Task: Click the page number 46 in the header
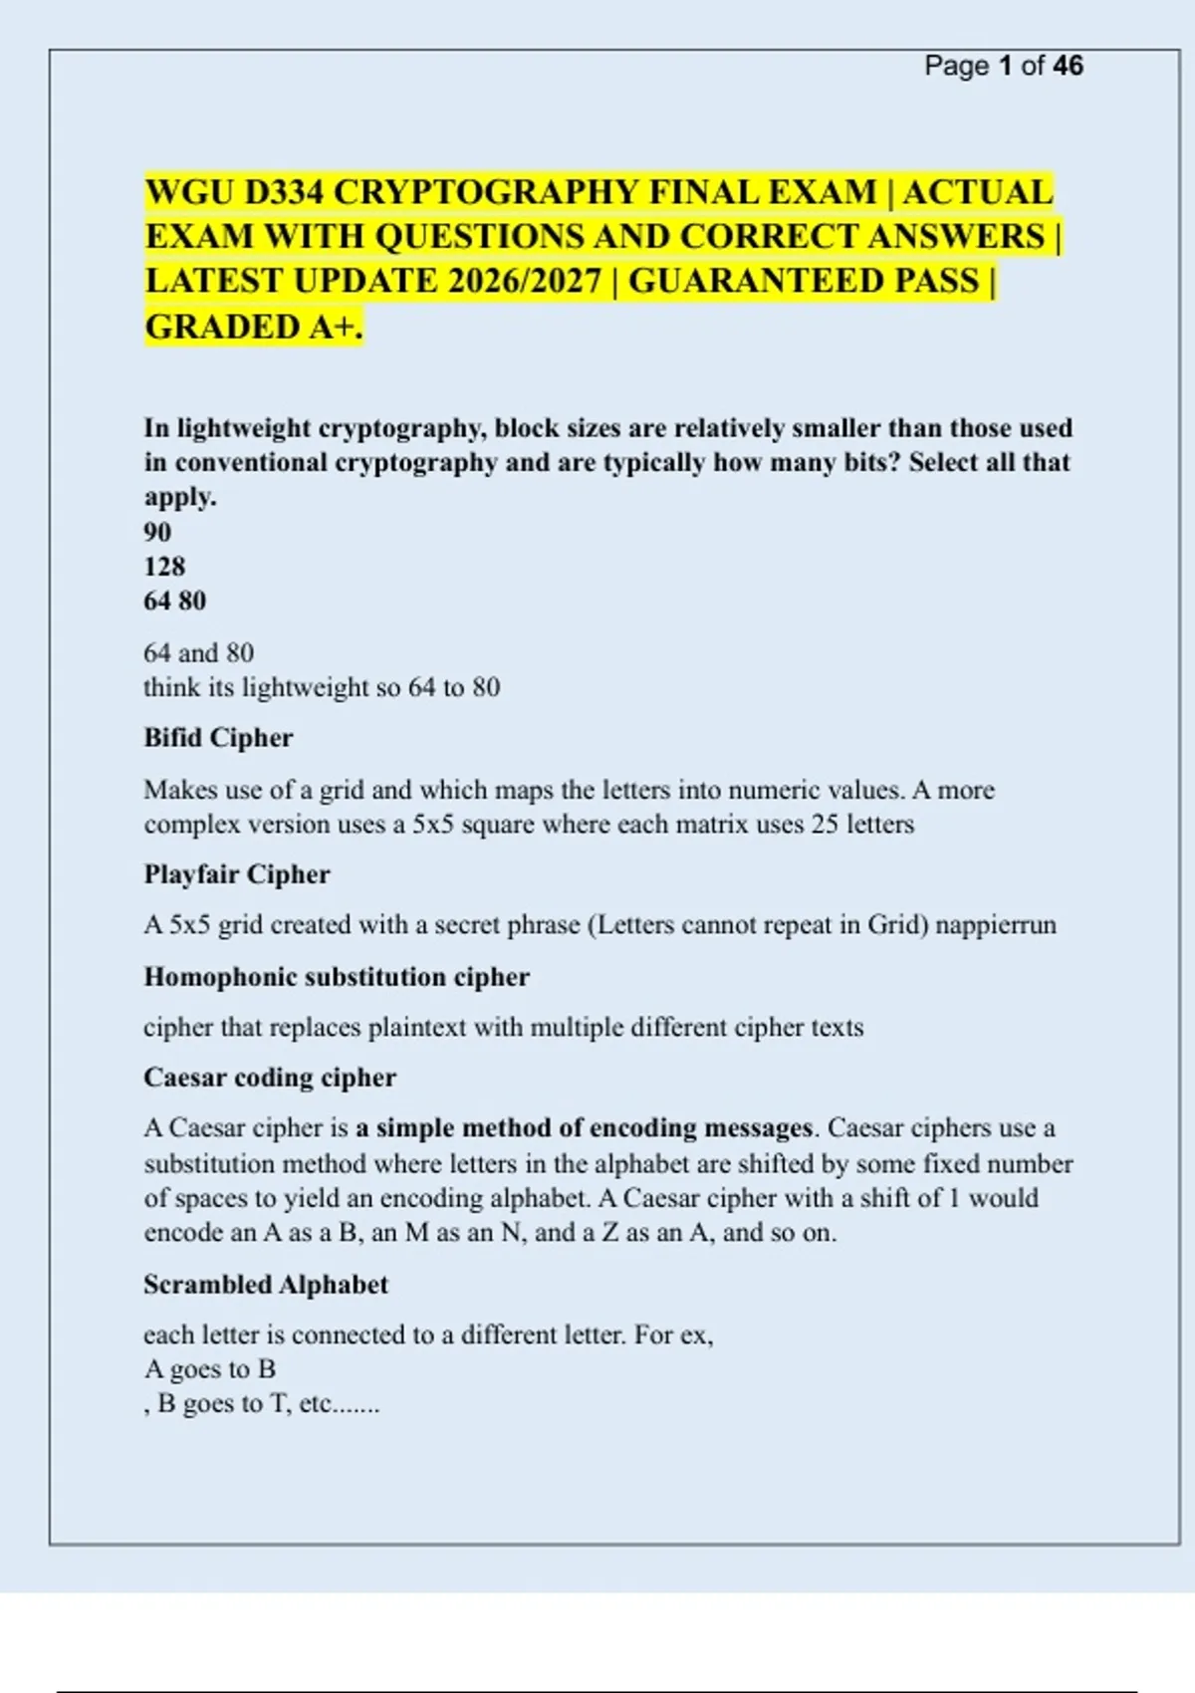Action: [x=1068, y=66]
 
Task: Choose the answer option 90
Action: [x=157, y=532]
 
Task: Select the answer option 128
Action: [x=164, y=567]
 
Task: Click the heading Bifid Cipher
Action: [x=218, y=738]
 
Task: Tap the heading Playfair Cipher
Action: [x=236, y=874]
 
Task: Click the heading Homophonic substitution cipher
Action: [x=336, y=977]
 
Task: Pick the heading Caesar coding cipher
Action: [x=270, y=1078]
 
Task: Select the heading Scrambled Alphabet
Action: [x=265, y=1285]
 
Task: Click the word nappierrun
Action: [x=996, y=925]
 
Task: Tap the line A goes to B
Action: [x=209, y=1369]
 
